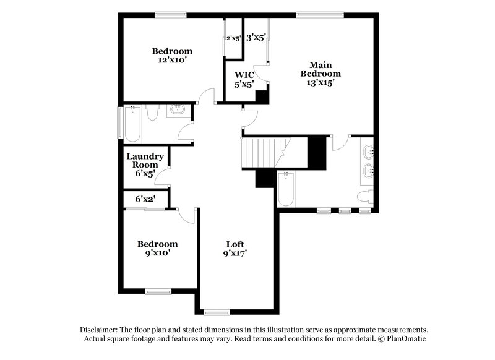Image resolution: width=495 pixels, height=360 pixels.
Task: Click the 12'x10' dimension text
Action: point(172,61)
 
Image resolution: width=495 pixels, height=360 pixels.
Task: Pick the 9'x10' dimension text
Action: point(157,253)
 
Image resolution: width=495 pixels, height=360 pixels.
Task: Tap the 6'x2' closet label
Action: point(145,199)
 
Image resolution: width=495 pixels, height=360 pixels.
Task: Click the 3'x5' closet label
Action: point(256,38)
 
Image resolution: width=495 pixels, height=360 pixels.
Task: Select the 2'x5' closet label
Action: point(233,38)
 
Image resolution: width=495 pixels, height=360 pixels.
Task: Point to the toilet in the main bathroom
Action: point(365,197)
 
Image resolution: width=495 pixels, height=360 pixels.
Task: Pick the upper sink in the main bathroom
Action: point(369,150)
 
